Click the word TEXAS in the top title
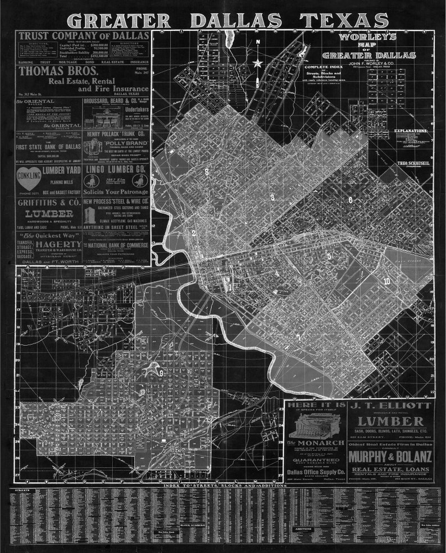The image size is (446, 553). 343,20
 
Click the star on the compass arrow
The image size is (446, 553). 257,63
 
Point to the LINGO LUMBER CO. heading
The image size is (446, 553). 116,167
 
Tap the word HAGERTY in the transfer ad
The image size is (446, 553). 60,245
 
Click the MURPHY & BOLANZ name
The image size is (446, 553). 390,457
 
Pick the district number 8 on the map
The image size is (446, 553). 207,172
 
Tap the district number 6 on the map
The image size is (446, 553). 350,200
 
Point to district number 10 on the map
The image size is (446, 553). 386,281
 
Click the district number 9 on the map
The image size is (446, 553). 161,372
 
